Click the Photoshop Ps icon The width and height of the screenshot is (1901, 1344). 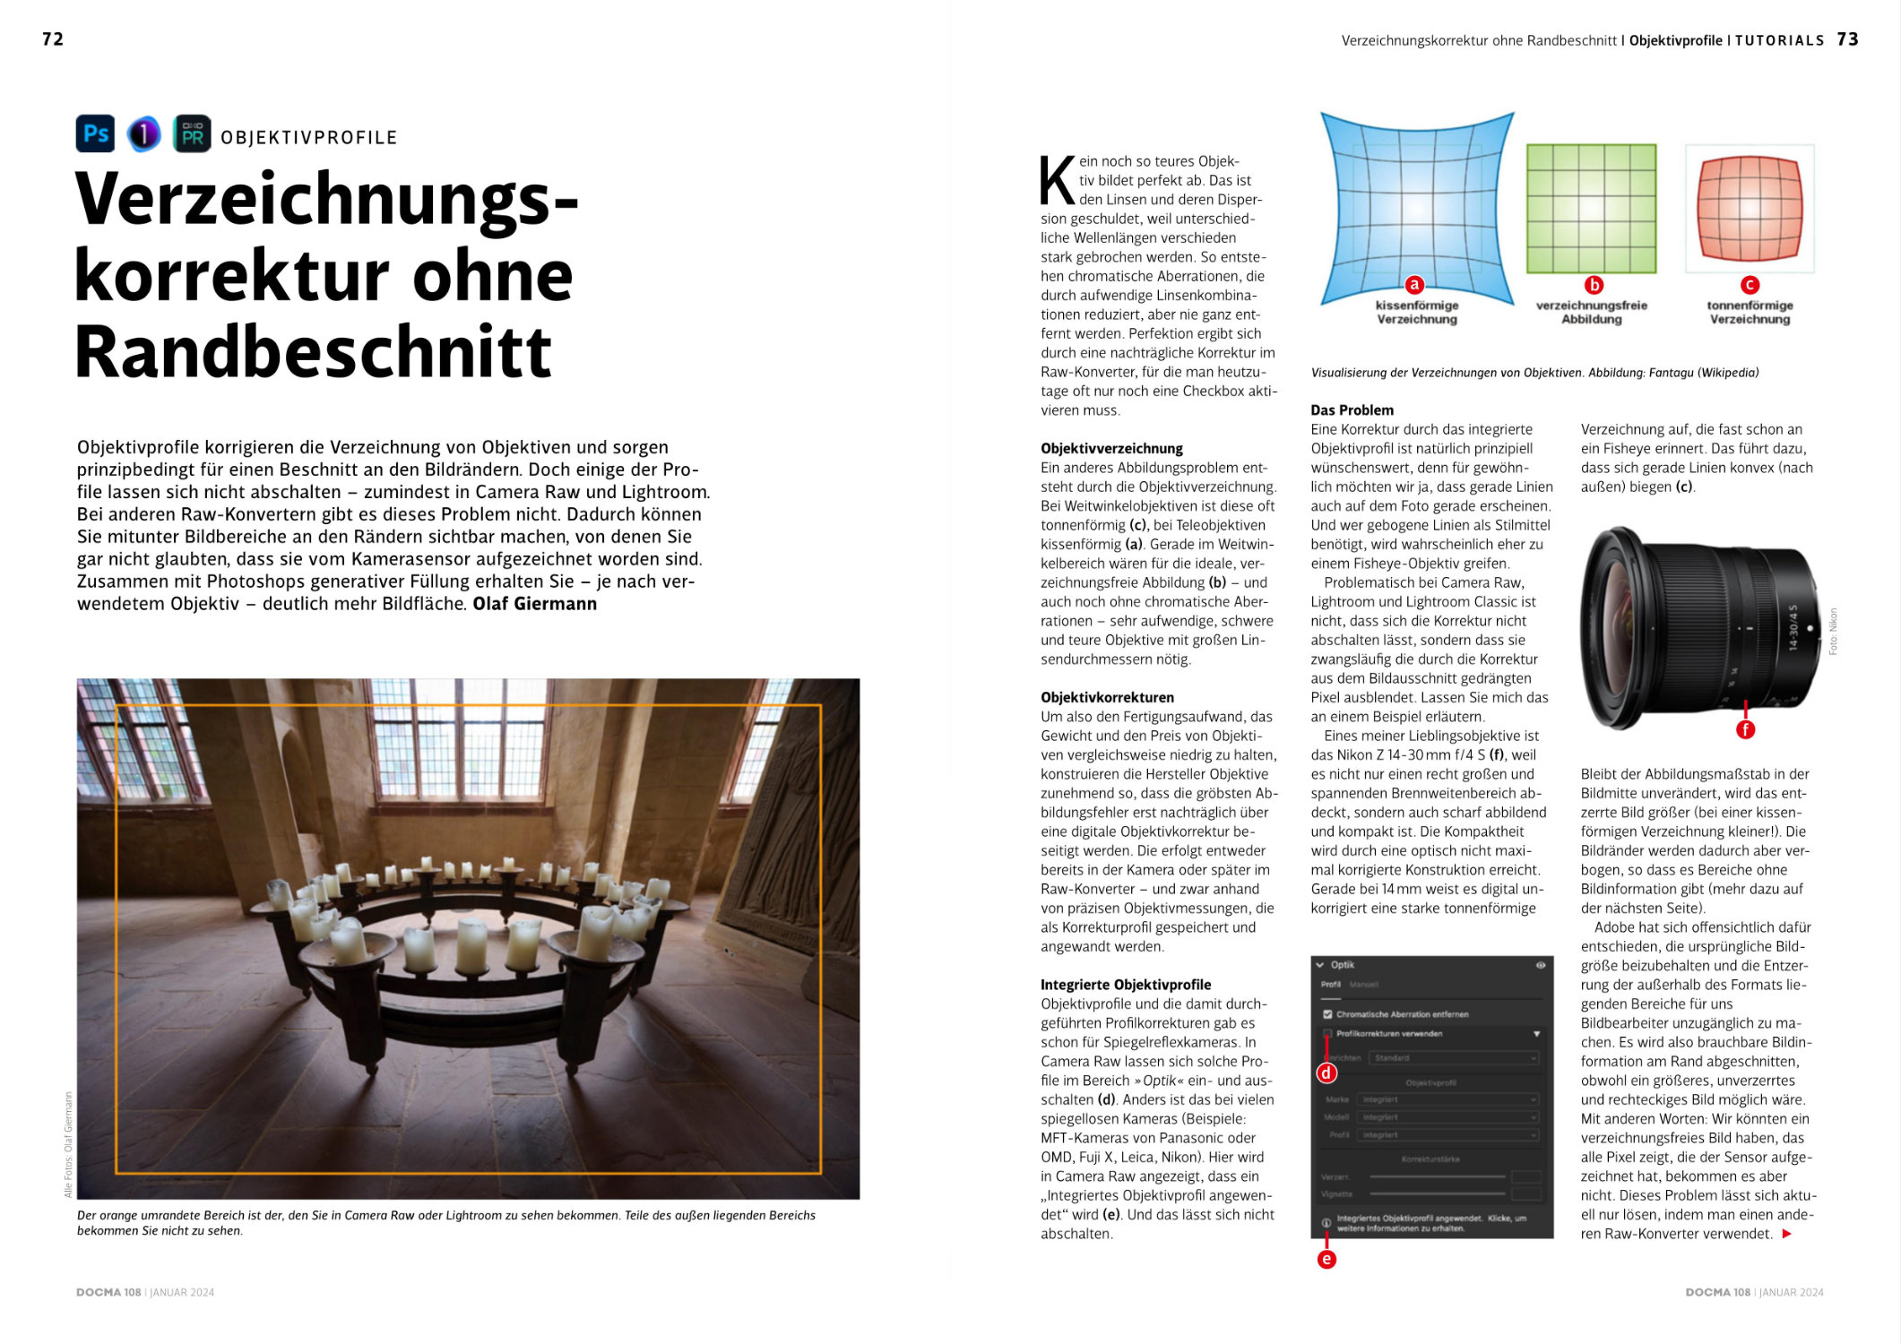click(95, 134)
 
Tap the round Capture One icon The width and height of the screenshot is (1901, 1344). click(143, 134)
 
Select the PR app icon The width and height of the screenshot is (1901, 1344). click(192, 134)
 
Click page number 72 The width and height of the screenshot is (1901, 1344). click(53, 39)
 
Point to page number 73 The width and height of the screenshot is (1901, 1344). click(1847, 39)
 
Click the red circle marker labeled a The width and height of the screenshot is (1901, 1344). click(1414, 285)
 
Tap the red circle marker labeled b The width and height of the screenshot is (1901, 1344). click(1594, 285)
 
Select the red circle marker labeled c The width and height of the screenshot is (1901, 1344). click(1750, 285)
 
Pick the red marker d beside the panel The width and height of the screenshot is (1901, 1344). click(1326, 1073)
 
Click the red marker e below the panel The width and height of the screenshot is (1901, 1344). click(1326, 1259)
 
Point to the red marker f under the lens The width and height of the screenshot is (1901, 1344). click(1745, 729)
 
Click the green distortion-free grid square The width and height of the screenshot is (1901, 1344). click(1591, 208)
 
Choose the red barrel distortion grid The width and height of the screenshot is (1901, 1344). click(1750, 208)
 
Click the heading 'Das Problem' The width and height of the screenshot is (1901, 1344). click(1352, 410)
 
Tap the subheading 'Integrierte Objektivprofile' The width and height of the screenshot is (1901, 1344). click(1126, 985)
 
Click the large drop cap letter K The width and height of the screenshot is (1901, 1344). click(1057, 181)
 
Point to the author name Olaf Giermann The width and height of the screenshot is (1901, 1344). click(535, 604)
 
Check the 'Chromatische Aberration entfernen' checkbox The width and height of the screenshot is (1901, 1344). click(1327, 1014)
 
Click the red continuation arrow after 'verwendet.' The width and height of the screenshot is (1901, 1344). click(1786, 1234)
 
